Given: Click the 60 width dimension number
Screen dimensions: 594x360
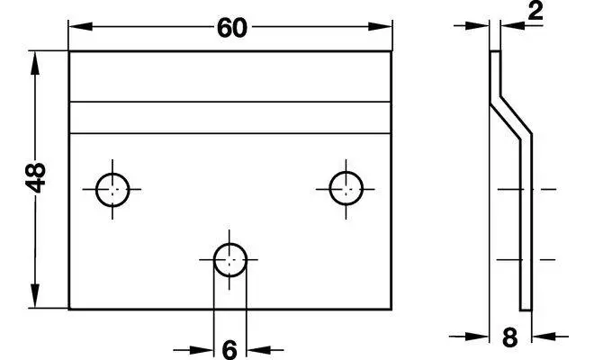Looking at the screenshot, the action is coord(232,28).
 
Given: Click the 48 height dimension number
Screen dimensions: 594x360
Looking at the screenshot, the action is coord(35,177).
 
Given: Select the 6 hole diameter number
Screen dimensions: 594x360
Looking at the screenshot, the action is coord(229,350).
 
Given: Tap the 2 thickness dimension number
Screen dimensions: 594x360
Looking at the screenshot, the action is coord(535,11).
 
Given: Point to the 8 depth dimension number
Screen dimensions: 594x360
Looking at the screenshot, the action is coord(510,337).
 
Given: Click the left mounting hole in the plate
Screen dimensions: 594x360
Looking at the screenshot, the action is coord(112,190).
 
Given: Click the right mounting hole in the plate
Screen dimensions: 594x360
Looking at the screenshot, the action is coord(346,188).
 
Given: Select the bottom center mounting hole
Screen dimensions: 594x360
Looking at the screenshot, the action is coord(229,260).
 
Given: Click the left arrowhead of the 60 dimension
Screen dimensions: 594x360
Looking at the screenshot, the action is coord(81,26).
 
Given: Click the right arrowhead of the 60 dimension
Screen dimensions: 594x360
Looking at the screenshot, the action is coord(380,26).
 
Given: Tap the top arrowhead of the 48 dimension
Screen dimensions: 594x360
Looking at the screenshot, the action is coord(35,63).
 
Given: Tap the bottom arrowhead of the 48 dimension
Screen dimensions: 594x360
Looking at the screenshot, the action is coord(35,296).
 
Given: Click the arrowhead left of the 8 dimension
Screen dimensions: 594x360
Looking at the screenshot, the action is coord(477,336).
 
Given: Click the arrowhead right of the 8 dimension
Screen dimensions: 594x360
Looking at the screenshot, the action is coord(544,336).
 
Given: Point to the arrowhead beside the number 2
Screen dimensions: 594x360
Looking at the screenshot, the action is coord(512,25).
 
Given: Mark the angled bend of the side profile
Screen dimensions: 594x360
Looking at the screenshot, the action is coord(511,118).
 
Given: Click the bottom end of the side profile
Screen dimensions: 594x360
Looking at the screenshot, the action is coord(526,310).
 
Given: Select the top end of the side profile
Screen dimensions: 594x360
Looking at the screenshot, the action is coord(496,51).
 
